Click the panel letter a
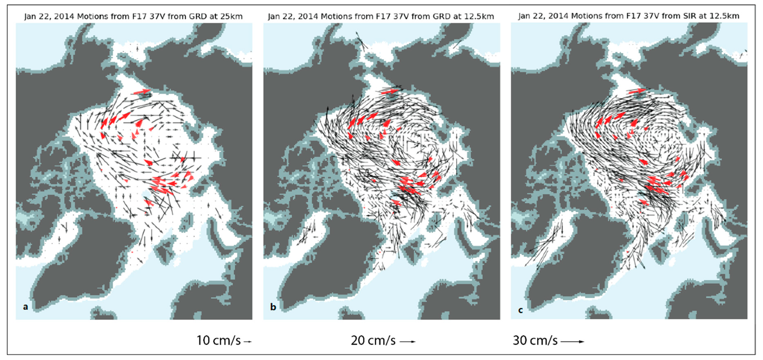click(x=26, y=307)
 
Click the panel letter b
click(x=273, y=307)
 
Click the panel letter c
click(x=520, y=310)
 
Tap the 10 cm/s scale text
click(x=219, y=340)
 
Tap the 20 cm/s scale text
click(x=373, y=340)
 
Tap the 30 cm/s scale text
click(x=535, y=340)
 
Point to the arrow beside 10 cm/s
click(x=248, y=342)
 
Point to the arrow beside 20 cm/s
click(x=408, y=342)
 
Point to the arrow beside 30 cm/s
click(x=572, y=342)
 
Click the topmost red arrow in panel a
click(x=142, y=92)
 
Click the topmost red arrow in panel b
click(x=390, y=91)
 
